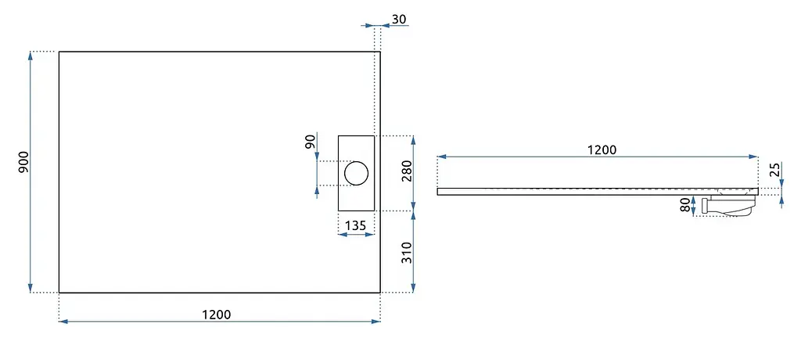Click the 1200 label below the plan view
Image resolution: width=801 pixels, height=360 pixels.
tap(216, 314)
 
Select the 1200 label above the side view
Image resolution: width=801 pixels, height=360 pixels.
tap(602, 149)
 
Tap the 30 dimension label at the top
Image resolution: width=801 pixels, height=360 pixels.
tap(400, 20)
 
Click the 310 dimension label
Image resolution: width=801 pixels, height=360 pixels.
tap(407, 253)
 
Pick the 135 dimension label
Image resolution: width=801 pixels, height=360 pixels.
tap(356, 225)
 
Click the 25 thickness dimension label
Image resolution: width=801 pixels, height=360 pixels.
tap(775, 169)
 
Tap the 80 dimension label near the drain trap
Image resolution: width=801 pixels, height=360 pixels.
tap(685, 206)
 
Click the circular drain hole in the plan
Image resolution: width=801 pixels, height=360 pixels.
tap(356, 173)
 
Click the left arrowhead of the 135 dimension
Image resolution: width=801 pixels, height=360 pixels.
tap(343, 235)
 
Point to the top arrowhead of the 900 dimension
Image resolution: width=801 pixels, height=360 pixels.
tap(31, 56)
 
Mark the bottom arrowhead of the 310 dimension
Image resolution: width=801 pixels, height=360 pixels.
tap(413, 288)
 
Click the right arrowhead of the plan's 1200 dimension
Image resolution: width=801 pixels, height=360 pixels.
tap(376, 321)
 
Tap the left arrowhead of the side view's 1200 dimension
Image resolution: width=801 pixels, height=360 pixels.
tap(442, 157)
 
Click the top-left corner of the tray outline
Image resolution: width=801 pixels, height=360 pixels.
tap(59, 52)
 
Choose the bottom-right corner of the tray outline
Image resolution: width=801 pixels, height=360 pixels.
tap(380, 293)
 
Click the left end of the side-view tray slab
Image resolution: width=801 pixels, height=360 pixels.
tap(438, 191)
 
